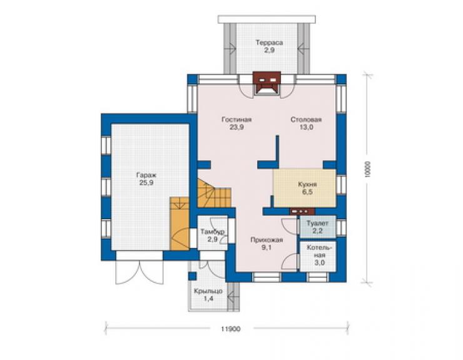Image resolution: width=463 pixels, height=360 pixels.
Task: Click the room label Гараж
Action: pyautogui.click(x=146, y=175)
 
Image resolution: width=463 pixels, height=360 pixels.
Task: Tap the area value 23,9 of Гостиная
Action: pyautogui.click(x=237, y=127)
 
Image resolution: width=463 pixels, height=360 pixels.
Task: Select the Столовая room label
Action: pyautogui.click(x=306, y=120)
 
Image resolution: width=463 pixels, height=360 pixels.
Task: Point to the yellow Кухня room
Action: pyautogui.click(x=305, y=188)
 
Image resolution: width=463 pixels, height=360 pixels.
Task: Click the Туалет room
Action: pyautogui.click(x=318, y=227)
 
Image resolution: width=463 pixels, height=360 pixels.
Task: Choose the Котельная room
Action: pyautogui.click(x=318, y=257)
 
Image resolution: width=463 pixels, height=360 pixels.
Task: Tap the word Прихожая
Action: pyautogui.click(x=267, y=240)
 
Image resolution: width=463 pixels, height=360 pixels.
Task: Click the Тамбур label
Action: pyautogui.click(x=212, y=232)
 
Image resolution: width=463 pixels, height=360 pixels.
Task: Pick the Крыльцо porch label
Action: pyautogui.click(x=208, y=291)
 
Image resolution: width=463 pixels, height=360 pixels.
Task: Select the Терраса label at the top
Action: pyautogui.click(x=269, y=43)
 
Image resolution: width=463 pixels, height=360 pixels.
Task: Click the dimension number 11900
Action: pyautogui.click(x=231, y=329)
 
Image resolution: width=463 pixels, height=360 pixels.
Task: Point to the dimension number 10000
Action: pyautogui.click(x=367, y=169)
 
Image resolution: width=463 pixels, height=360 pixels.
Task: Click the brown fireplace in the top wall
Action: pyautogui.click(x=267, y=83)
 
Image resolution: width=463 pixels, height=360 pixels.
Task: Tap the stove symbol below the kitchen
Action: pyautogui.click(x=302, y=212)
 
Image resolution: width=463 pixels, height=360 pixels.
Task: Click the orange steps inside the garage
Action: pyautogui.click(x=179, y=224)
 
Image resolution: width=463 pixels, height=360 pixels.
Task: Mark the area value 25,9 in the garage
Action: pyautogui.click(x=146, y=183)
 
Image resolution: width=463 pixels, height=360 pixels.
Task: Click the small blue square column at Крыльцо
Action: pyautogui.click(x=192, y=276)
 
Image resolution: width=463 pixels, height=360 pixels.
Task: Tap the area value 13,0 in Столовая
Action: pyautogui.click(x=306, y=127)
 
